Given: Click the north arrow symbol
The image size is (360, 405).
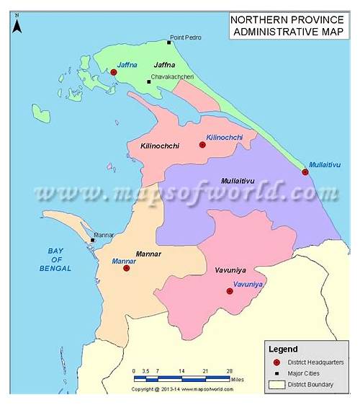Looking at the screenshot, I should point(17,25).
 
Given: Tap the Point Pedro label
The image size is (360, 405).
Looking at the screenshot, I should point(186,37).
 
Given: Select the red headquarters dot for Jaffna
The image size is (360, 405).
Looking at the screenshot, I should point(114,72).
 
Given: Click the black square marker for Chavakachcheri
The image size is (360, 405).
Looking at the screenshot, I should point(149,81).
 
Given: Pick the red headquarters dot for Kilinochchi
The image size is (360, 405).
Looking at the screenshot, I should point(202,145).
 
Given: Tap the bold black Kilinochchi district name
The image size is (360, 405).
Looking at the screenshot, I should point(160,146).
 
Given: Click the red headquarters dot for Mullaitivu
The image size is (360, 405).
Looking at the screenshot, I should point(305,172).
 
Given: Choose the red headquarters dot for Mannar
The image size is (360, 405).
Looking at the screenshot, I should point(126,268).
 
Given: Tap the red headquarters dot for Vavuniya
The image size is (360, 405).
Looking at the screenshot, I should point(230,291).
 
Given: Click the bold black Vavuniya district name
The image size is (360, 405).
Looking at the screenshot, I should point(232,270).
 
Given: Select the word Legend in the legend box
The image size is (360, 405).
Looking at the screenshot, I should point(284,349).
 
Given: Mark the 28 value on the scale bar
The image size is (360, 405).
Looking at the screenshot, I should point(229,371).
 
